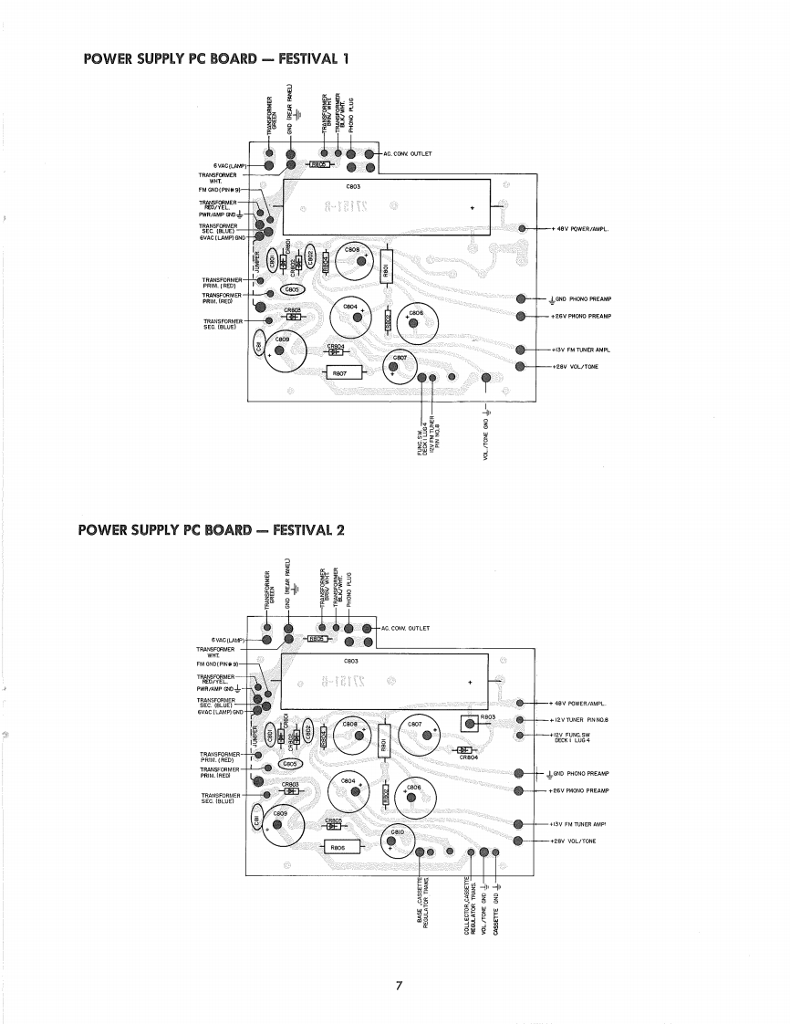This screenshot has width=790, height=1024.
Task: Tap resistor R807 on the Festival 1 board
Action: pyautogui.click(x=338, y=371)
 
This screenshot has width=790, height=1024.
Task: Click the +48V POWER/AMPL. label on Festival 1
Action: pyautogui.click(x=580, y=228)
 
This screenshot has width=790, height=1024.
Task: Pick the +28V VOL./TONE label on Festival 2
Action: pyautogui.click(x=575, y=841)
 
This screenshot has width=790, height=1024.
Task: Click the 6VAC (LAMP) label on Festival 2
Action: pyautogui.click(x=228, y=640)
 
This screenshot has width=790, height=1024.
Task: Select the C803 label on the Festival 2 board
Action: pyautogui.click(x=351, y=660)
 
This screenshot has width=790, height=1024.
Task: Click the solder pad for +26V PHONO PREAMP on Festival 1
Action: pyautogui.click(x=521, y=316)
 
